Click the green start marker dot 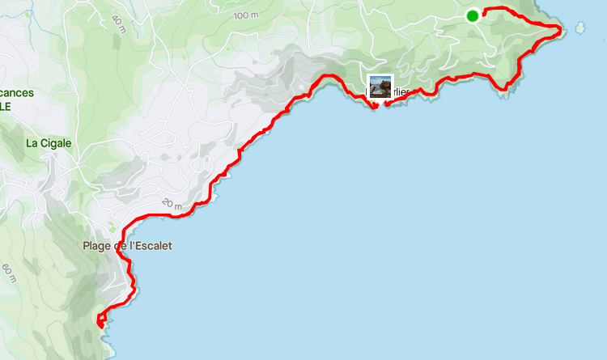point(473,15)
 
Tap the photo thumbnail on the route point(380,86)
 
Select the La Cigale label point(49,143)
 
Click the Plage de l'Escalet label point(127,245)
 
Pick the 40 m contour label point(120,22)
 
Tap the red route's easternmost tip point(562,30)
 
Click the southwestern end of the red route point(100,323)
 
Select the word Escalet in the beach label point(154,245)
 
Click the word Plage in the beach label point(96,245)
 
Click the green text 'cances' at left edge point(17,92)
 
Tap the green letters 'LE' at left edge point(6,105)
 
